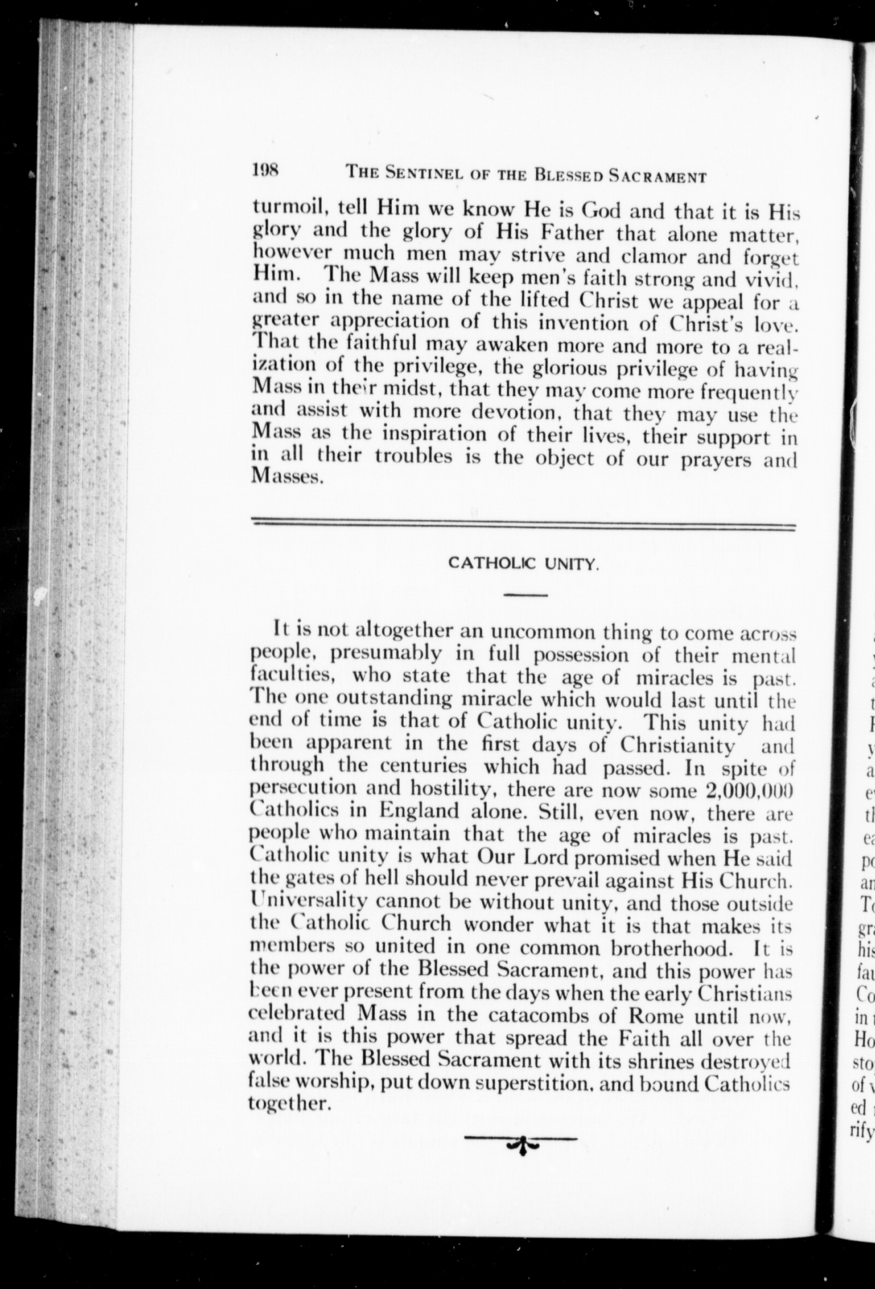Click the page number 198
pyautogui.click(x=267, y=170)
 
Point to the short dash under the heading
pyautogui.click(x=526, y=595)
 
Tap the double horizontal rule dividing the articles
pyautogui.click(x=523, y=524)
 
